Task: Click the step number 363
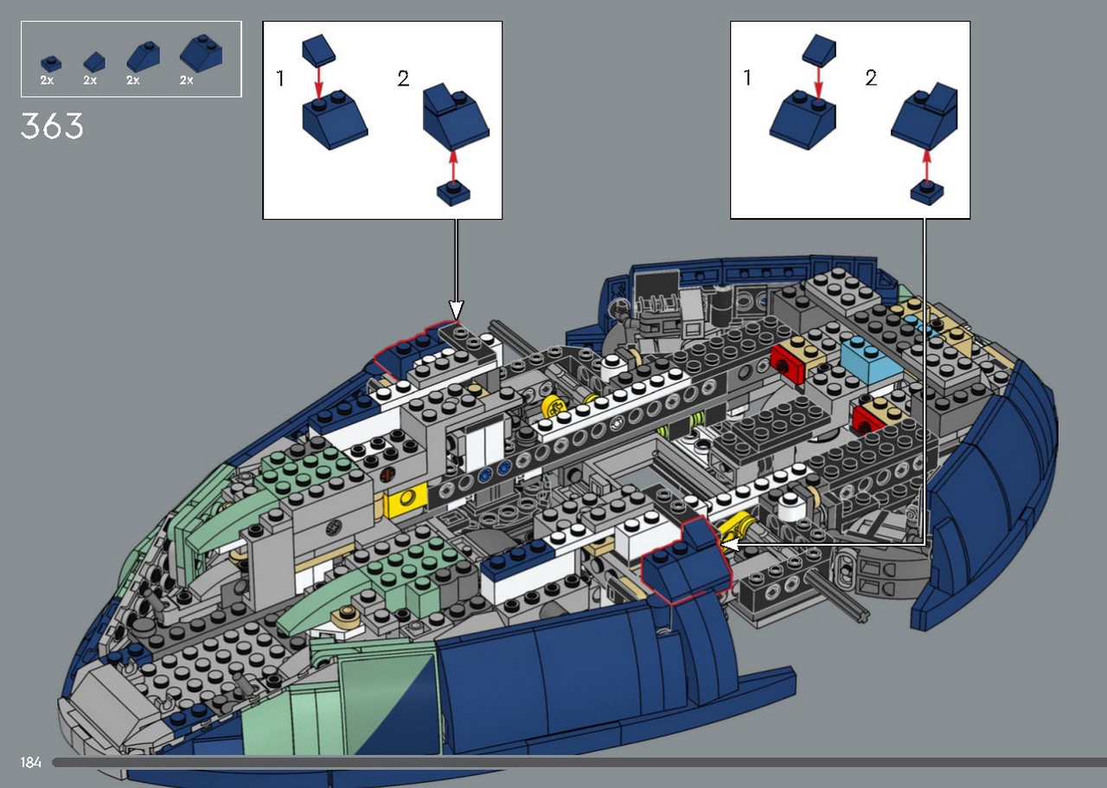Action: point(52,125)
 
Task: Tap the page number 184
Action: point(30,762)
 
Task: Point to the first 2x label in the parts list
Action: point(47,80)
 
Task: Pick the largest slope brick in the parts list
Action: point(202,53)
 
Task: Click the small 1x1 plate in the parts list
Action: point(51,63)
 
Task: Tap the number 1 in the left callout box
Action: point(280,78)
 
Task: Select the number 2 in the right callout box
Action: point(871,78)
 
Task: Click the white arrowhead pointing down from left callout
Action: point(456,310)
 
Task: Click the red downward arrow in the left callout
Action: point(319,82)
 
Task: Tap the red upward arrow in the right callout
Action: point(927,165)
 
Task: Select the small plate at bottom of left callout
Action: point(454,194)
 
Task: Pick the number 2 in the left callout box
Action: point(403,78)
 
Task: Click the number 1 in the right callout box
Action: point(747,78)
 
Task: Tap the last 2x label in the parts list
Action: point(186,80)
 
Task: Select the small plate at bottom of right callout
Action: point(927,193)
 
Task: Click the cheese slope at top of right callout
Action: point(819,49)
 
